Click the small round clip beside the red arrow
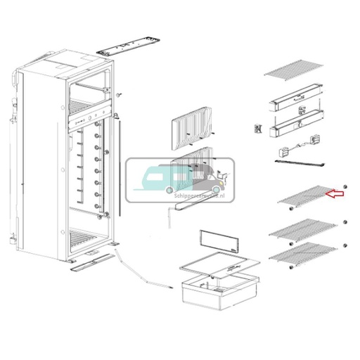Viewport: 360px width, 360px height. [x=345, y=187]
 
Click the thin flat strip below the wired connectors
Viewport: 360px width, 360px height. [x=299, y=162]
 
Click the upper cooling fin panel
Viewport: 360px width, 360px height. [x=191, y=127]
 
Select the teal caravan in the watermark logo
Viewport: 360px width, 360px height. [x=160, y=176]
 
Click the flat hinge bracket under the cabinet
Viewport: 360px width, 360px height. [x=89, y=263]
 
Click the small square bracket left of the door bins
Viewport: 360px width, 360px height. [x=257, y=129]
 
